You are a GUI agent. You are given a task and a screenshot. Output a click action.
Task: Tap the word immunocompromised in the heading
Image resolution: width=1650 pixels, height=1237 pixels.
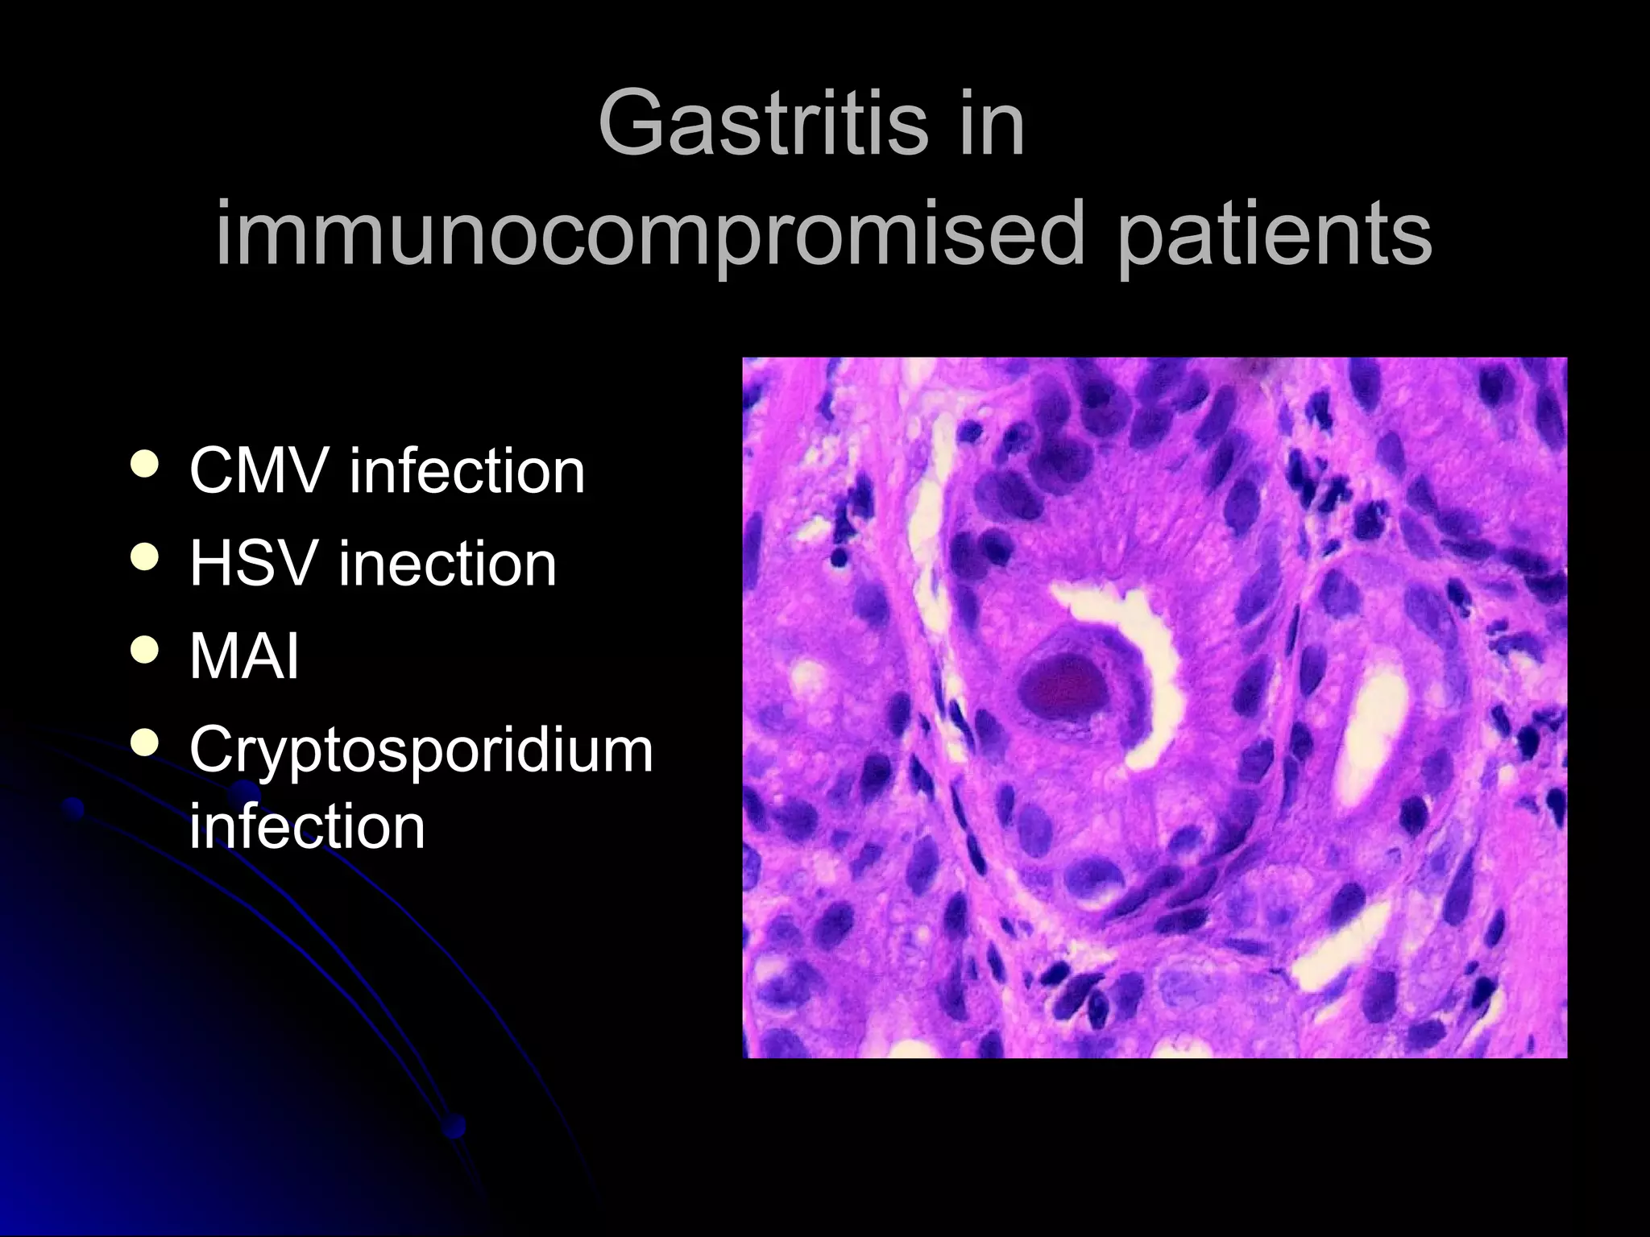pos(649,234)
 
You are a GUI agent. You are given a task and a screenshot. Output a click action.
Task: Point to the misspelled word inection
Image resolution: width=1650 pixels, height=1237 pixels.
pos(447,563)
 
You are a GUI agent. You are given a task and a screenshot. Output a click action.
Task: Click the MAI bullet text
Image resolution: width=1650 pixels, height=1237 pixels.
pos(244,656)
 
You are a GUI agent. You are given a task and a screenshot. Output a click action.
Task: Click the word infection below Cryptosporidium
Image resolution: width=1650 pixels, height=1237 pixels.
pos(307,826)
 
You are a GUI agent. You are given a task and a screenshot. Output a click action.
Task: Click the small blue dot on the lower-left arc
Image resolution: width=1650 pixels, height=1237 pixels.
pos(74,807)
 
